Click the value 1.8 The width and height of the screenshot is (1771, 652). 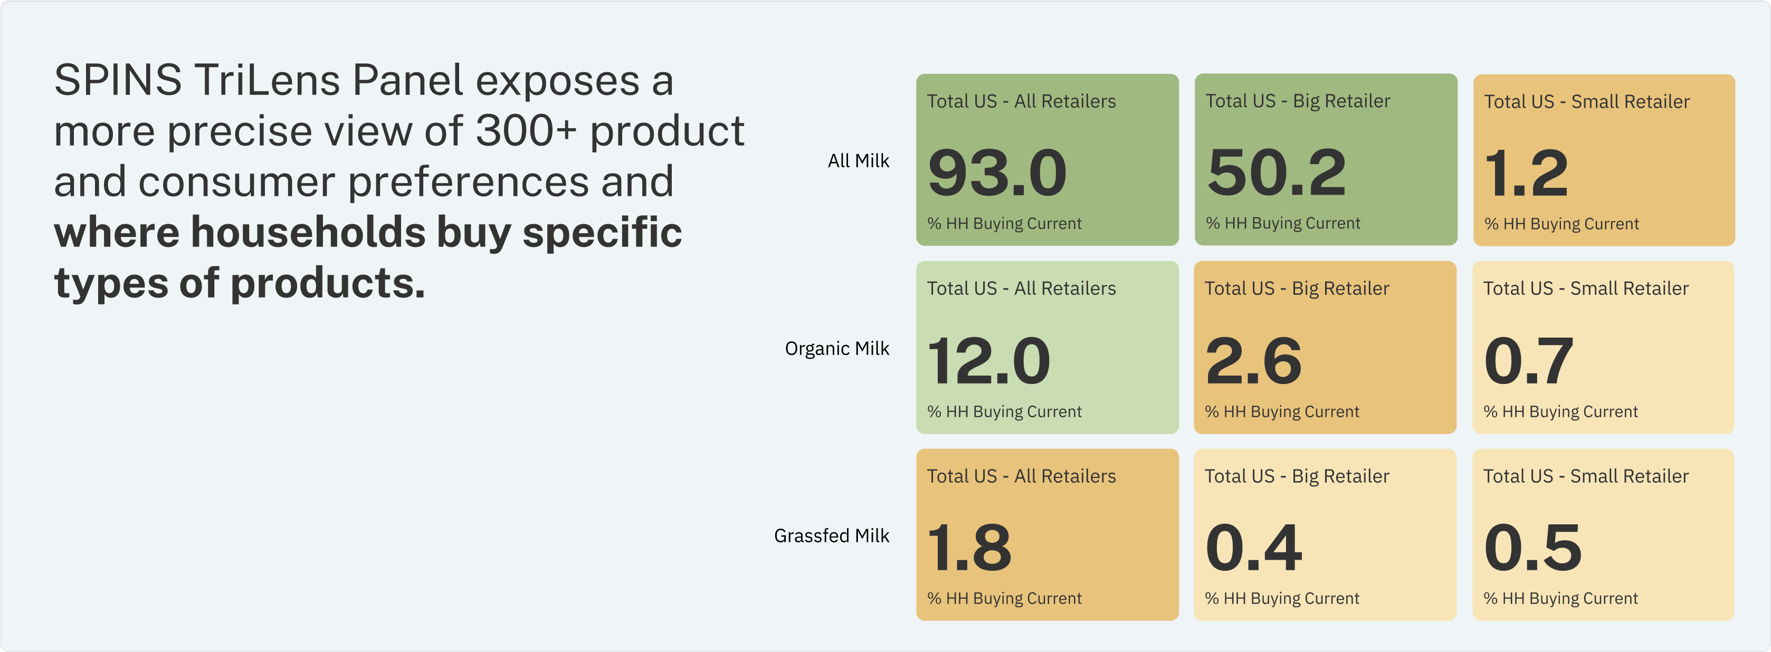(969, 548)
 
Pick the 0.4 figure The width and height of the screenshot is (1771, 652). (1253, 548)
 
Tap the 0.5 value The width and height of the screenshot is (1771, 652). (1532, 548)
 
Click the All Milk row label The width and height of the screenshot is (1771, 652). (858, 161)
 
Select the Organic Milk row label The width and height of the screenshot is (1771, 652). (837, 348)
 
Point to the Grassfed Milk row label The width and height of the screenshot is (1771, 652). (831, 535)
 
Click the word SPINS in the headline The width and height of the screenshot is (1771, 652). (118, 80)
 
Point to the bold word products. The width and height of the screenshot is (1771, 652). (328, 283)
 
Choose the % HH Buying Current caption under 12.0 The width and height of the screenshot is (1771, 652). (1004, 411)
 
